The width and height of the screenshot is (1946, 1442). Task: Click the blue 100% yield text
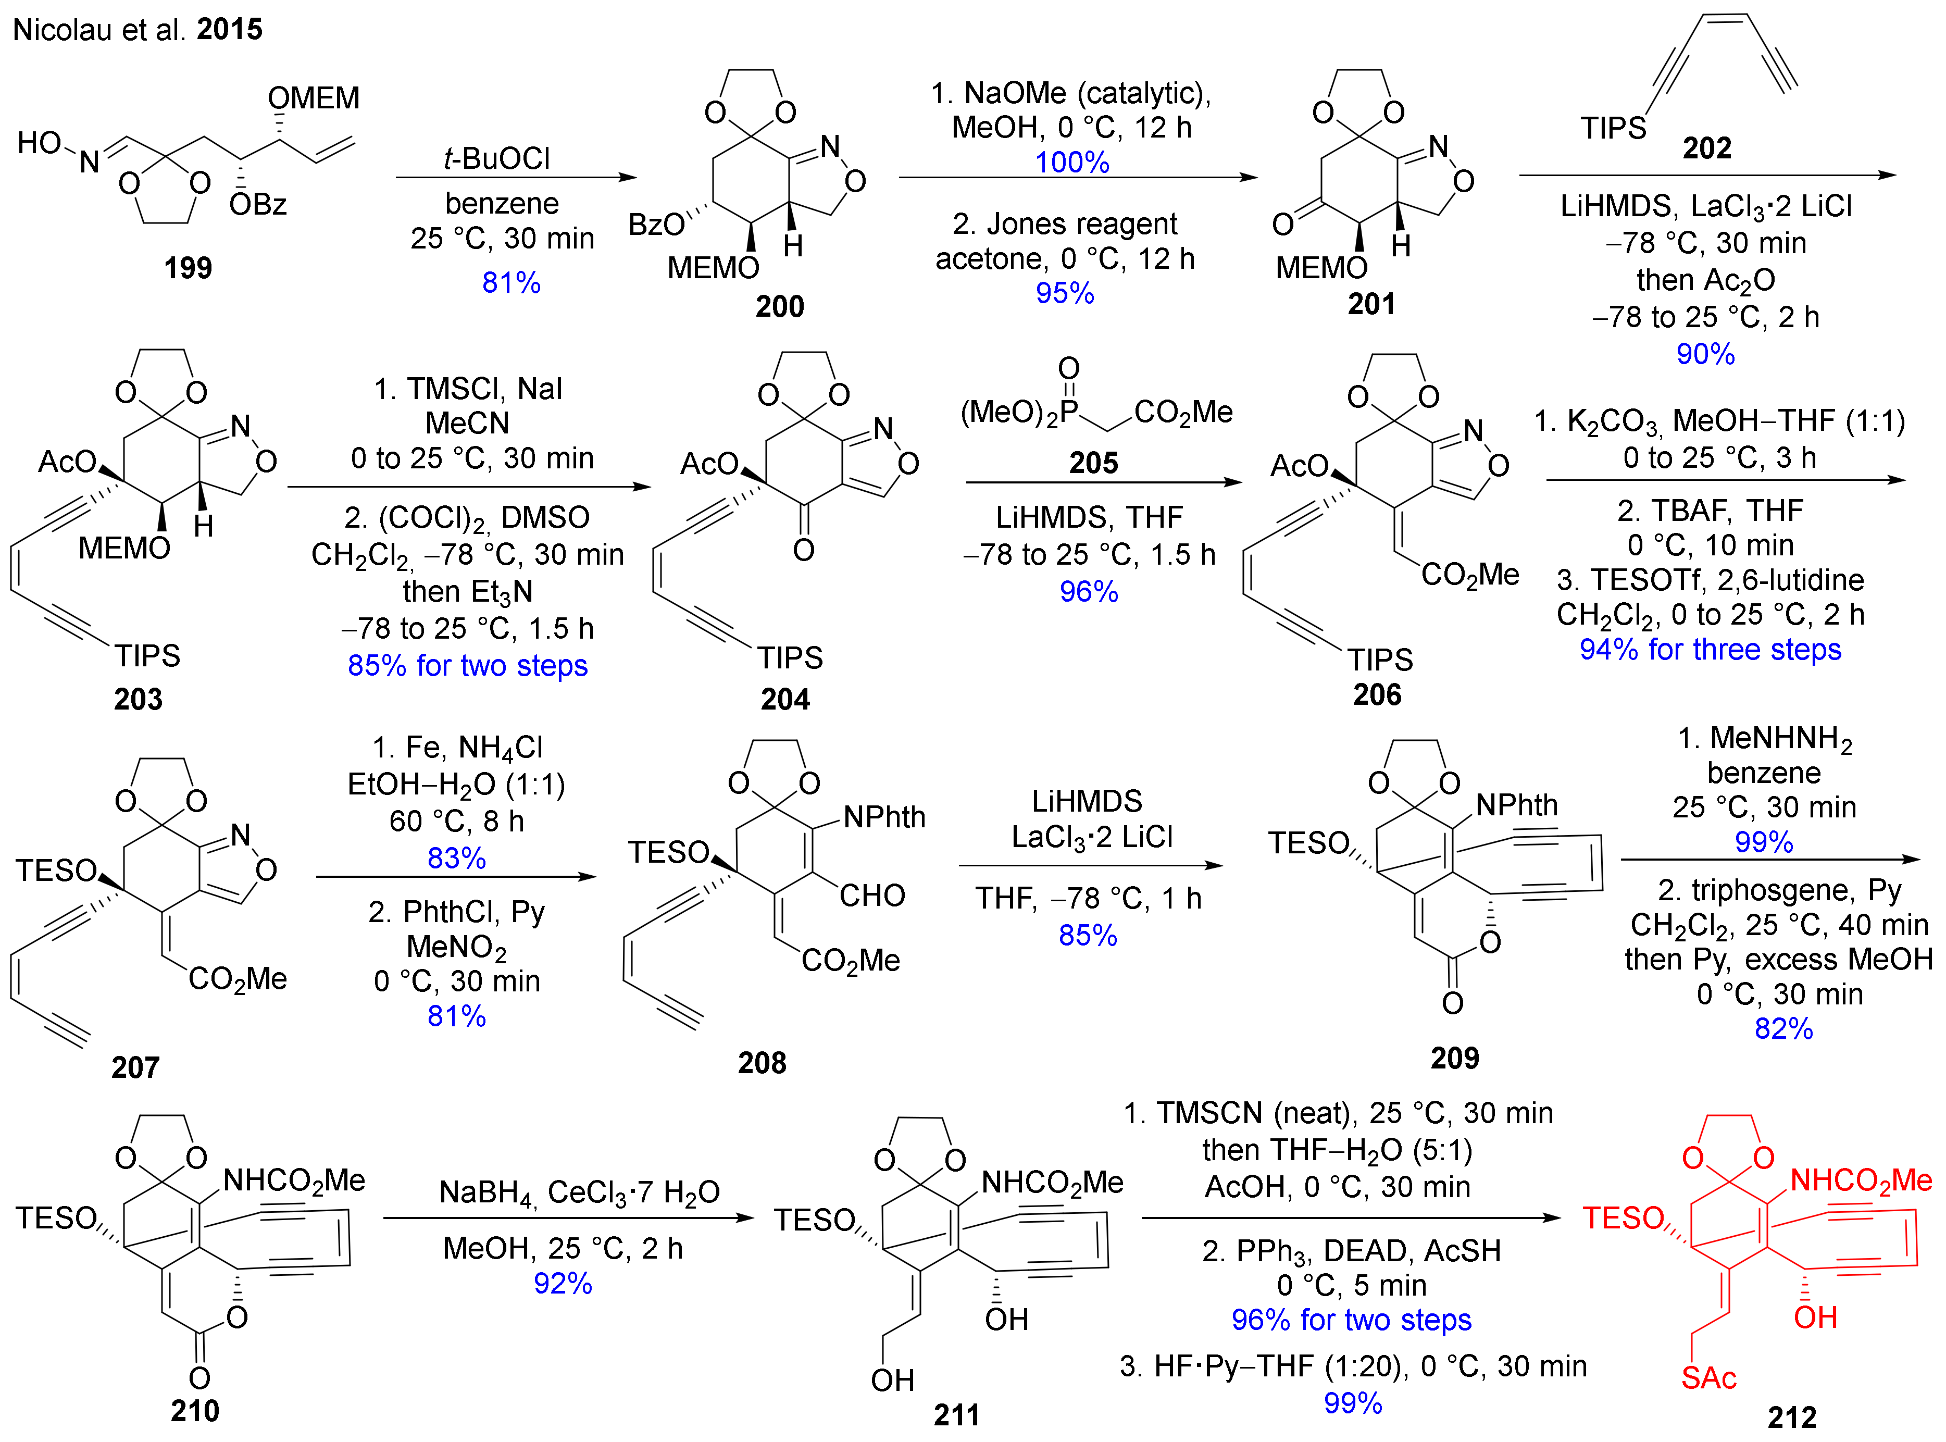(1071, 163)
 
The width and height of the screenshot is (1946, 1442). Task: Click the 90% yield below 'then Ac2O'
(1705, 354)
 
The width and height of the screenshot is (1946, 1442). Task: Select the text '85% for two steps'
(468, 665)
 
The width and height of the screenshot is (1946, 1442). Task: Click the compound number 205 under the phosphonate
(1093, 463)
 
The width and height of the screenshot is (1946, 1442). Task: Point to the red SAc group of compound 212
(1708, 1377)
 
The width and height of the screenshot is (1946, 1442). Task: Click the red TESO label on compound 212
(1623, 1217)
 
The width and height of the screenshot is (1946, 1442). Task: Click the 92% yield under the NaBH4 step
(563, 1283)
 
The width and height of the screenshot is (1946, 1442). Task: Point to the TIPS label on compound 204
(789, 657)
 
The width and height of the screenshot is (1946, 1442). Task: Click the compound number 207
(135, 1067)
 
